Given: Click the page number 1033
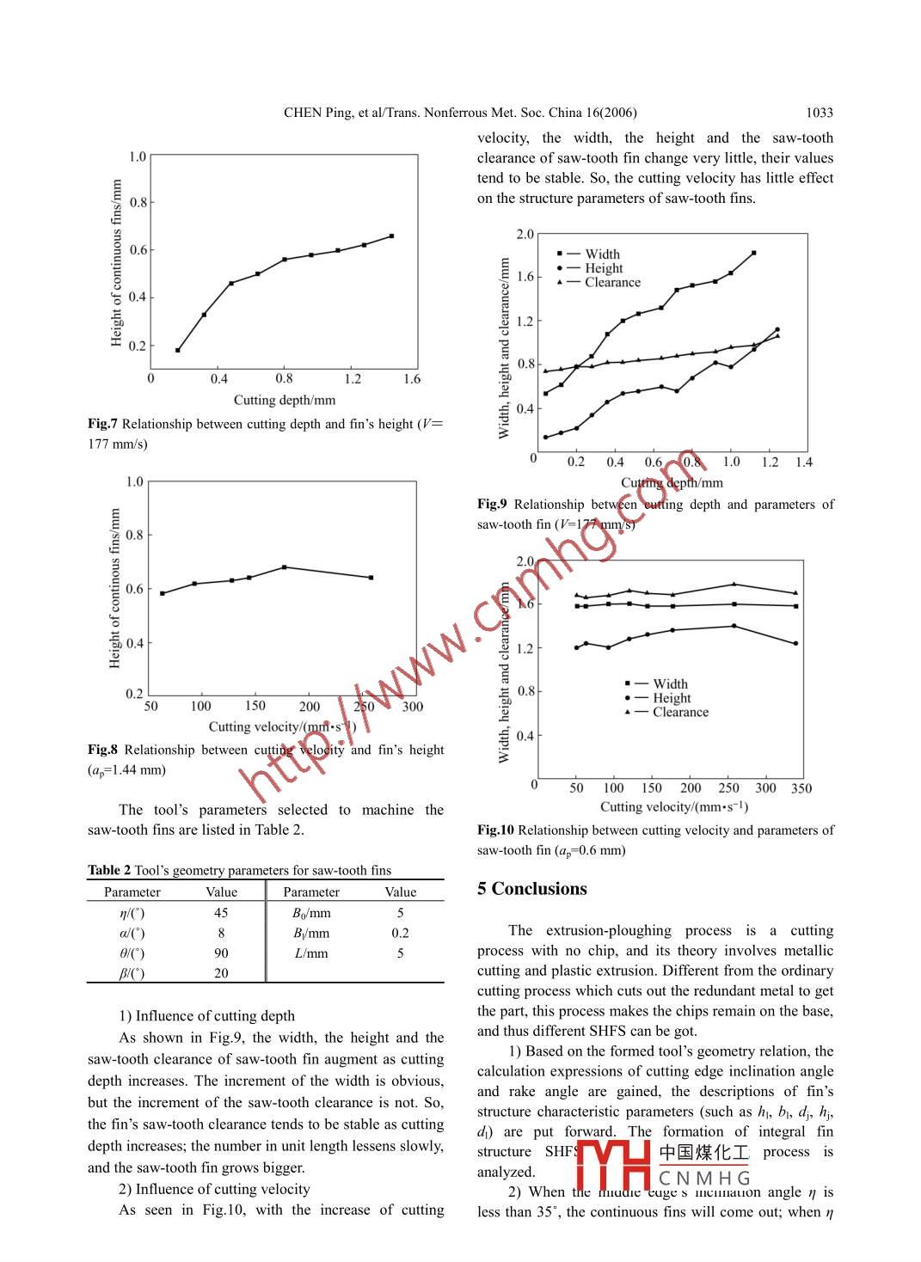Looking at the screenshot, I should [819, 113].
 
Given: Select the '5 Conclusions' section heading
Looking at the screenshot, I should [532, 889].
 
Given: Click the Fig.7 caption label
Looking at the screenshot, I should [102, 424].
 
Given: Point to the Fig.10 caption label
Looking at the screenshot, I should [495, 830].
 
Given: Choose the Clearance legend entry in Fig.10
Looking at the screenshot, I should [680, 713].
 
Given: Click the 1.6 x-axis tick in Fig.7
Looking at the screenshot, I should [412, 379].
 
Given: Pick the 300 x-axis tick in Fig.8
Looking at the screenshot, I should [413, 707].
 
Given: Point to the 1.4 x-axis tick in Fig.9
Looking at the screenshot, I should [803, 463].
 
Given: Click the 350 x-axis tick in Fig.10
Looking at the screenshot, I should [801, 788].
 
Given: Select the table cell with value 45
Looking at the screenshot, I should [221, 913].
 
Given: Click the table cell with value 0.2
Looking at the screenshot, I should [400, 933].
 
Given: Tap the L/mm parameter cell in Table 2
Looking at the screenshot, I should [310, 953].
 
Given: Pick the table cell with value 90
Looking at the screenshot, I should [221, 953].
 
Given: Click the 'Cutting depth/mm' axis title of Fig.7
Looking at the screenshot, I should [285, 401].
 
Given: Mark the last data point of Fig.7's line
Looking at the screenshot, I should [391, 236].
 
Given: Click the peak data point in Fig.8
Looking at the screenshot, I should [285, 567].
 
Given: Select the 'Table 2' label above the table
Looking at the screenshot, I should [109, 870].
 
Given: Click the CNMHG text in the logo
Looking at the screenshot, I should [704, 1178].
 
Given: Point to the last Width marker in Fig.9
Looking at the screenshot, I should [753, 253].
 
